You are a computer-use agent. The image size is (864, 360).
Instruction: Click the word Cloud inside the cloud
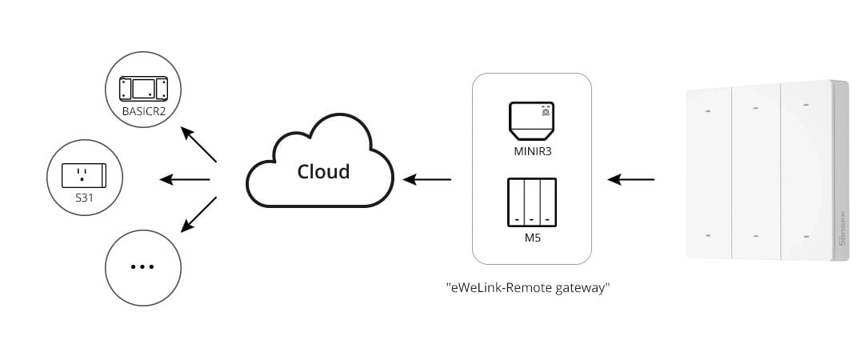(x=323, y=171)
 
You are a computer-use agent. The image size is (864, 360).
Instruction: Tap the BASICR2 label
(x=143, y=110)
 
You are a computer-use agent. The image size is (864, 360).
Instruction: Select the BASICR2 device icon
(x=143, y=88)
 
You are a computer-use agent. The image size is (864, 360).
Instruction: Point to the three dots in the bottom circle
(x=142, y=266)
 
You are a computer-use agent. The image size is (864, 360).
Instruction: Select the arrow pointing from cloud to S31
(x=185, y=179)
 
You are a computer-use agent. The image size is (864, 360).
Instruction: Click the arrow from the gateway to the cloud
(x=427, y=179)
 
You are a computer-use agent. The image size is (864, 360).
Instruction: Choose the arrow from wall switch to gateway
(x=631, y=179)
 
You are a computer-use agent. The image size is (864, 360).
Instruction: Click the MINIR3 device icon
(x=532, y=118)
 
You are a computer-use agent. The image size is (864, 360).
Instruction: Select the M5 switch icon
(x=532, y=203)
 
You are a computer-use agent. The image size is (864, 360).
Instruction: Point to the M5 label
(x=532, y=238)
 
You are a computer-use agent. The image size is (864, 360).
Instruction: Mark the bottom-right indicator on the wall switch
(x=805, y=235)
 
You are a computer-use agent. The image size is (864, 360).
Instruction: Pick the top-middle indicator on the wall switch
(x=756, y=107)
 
